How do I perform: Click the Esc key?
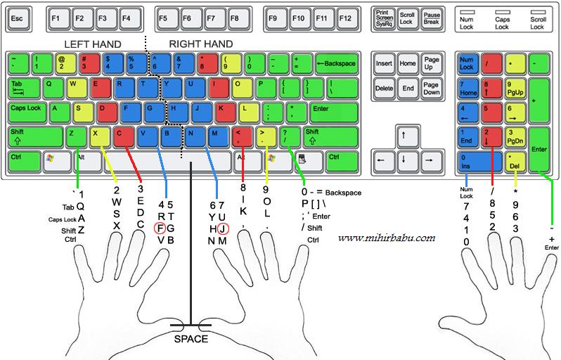click(x=19, y=18)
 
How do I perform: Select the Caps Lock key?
click(x=27, y=110)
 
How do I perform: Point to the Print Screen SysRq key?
click(x=384, y=18)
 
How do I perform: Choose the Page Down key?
click(x=431, y=89)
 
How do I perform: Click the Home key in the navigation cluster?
click(x=408, y=64)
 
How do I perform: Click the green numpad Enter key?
click(x=539, y=149)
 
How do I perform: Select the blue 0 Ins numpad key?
click(x=479, y=161)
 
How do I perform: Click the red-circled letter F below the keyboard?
click(x=161, y=228)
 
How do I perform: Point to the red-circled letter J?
click(x=222, y=228)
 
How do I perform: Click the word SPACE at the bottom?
click(x=191, y=339)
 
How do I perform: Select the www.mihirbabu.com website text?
click(x=387, y=238)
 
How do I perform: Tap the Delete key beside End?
click(x=385, y=89)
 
